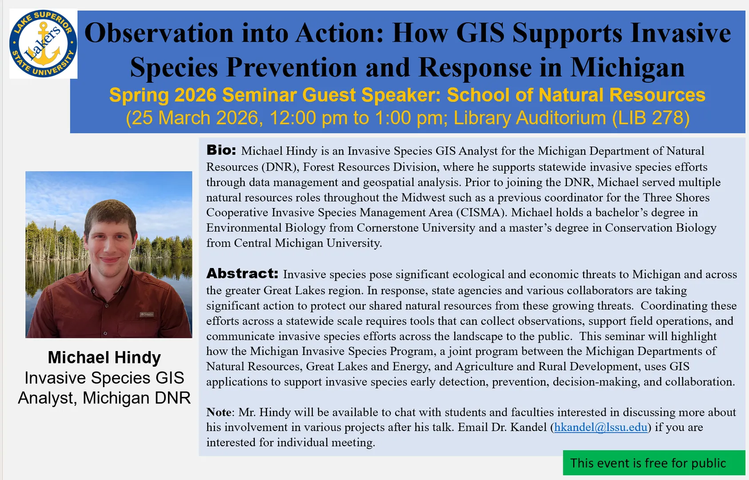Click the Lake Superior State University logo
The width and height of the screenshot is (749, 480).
click(43, 44)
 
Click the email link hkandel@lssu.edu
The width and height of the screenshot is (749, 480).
click(601, 427)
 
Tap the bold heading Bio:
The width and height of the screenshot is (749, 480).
click(221, 150)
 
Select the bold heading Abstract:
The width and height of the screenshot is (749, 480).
click(242, 274)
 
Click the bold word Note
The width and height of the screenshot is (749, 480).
click(219, 412)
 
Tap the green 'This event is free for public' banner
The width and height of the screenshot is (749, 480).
click(653, 463)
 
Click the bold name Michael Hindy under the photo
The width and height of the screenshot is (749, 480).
click(104, 357)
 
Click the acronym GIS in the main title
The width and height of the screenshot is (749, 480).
click(480, 33)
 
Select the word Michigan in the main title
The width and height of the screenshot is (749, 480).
click(628, 67)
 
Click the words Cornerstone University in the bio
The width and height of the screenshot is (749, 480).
click(416, 228)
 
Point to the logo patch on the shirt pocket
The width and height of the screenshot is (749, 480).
click(147, 314)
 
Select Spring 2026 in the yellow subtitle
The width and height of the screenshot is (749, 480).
click(163, 95)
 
